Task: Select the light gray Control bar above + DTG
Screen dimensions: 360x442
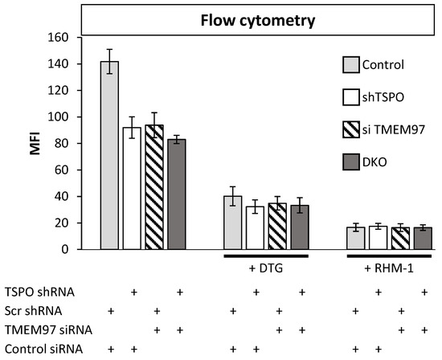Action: coord(232,223)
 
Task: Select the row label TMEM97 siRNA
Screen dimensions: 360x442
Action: coord(38,329)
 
